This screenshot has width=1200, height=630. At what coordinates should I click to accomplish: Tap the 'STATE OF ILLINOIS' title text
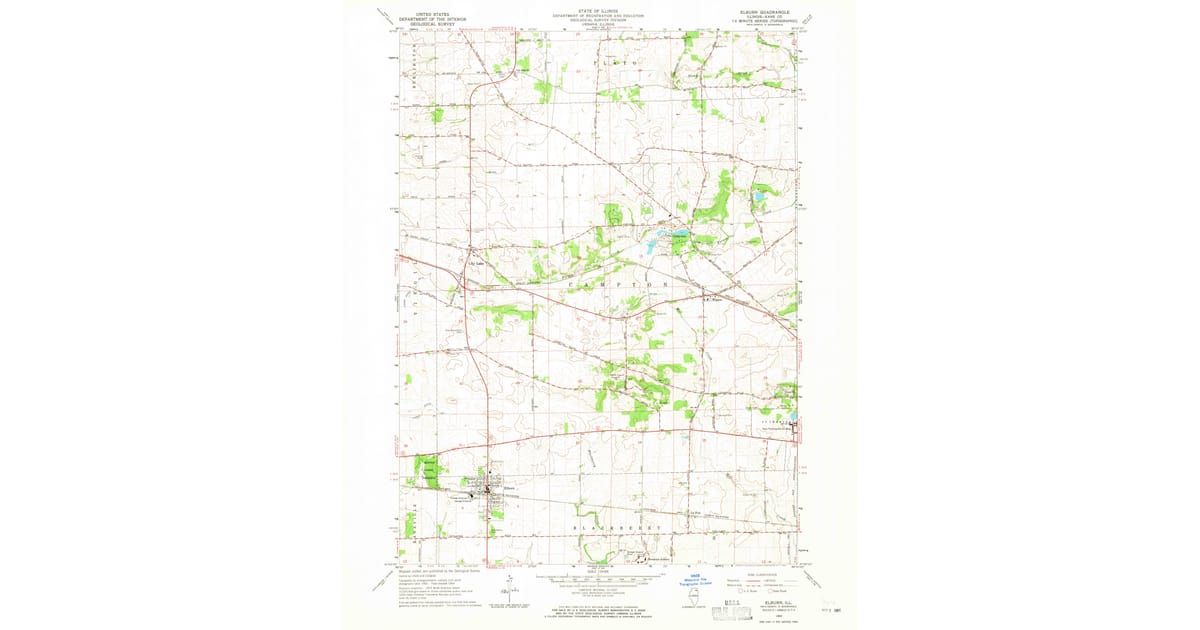(598, 10)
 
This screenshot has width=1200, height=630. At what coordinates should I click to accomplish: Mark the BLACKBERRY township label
(618, 527)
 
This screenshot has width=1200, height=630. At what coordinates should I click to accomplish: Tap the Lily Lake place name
(478, 265)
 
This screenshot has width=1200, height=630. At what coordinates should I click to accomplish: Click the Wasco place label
(715, 296)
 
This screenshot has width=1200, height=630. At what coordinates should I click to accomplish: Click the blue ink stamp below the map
(699, 580)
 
